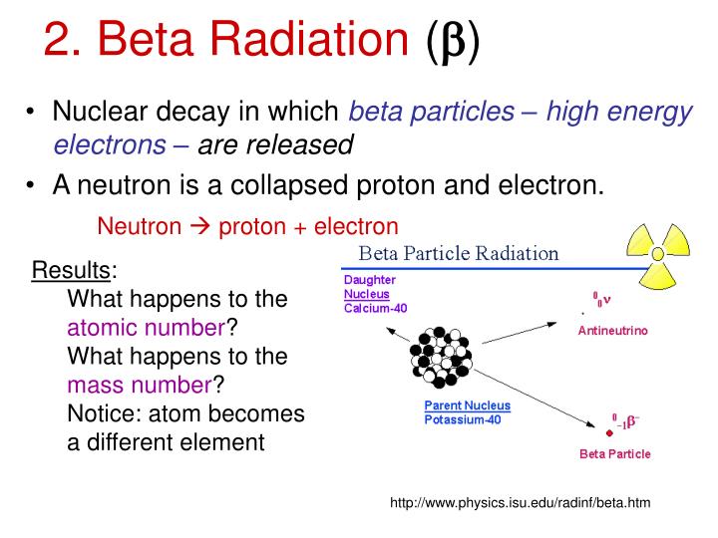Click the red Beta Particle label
click(x=615, y=454)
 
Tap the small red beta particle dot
click(x=608, y=432)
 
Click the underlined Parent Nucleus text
click(x=468, y=405)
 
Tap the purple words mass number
click(x=140, y=385)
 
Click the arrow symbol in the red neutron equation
click(x=199, y=226)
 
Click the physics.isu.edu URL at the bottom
click(x=520, y=502)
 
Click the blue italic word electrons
click(x=110, y=145)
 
